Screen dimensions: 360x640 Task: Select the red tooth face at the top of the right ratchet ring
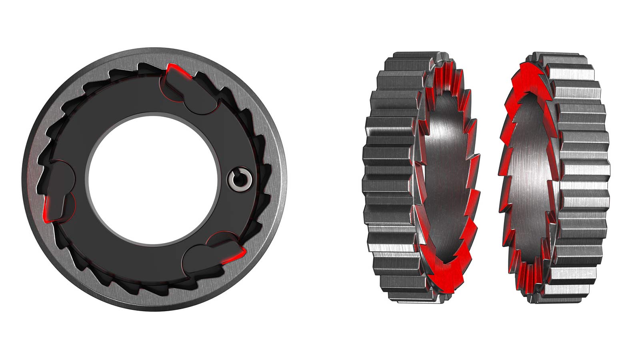click(x=528, y=76)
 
